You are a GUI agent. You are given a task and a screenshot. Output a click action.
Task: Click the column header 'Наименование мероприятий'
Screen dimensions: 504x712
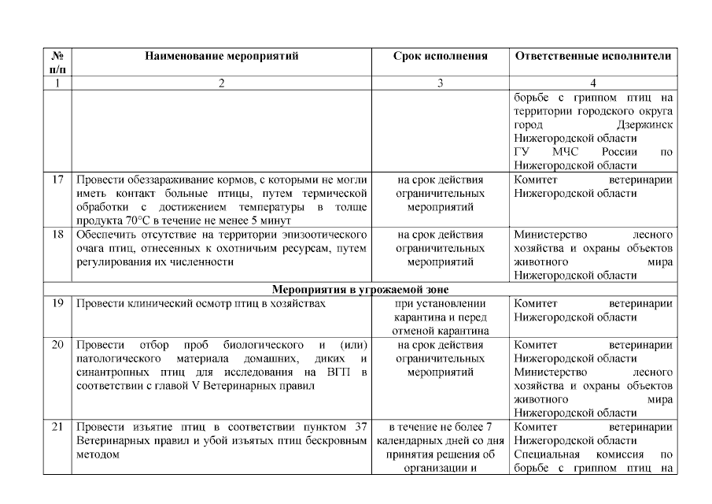click(x=222, y=57)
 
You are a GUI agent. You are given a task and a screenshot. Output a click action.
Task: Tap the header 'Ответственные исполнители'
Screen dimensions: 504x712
click(x=593, y=57)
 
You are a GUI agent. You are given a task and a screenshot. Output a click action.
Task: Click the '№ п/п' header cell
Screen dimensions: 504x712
click(x=57, y=63)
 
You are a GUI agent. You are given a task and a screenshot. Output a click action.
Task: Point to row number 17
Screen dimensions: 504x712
click(x=57, y=180)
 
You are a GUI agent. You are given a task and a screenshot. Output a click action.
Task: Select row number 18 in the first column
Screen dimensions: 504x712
click(x=57, y=235)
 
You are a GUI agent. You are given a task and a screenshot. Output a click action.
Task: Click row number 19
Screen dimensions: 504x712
click(x=57, y=303)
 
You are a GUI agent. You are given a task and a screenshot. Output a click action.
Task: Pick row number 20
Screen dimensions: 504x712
click(x=57, y=345)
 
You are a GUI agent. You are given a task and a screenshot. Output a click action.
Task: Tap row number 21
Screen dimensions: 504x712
click(x=57, y=427)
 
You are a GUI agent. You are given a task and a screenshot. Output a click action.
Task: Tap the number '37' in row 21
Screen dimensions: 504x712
click(x=361, y=427)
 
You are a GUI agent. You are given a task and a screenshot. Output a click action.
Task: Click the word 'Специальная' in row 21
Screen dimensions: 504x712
click(x=547, y=454)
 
